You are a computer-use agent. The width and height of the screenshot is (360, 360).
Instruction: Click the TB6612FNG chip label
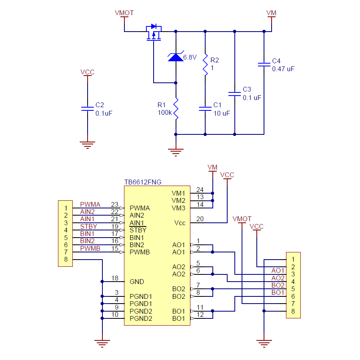[x=143, y=182]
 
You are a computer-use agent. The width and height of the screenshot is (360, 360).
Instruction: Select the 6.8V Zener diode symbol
[x=176, y=57]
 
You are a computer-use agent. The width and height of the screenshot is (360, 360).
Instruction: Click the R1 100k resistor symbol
[x=176, y=109]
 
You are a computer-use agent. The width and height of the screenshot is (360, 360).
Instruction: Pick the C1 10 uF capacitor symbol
[x=205, y=108]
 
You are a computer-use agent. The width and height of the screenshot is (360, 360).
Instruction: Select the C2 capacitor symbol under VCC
[x=87, y=108]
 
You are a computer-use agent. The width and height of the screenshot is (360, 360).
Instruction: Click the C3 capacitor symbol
[x=234, y=94]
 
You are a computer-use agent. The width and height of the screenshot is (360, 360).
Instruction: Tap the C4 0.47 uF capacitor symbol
[x=264, y=64]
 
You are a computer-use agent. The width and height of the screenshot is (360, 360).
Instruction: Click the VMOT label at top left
[x=124, y=13]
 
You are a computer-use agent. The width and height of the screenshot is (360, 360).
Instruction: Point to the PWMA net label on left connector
[x=90, y=205]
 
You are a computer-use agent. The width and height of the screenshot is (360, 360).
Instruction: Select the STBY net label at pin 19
[x=88, y=227]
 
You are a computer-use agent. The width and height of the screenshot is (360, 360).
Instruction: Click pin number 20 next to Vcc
[x=200, y=219]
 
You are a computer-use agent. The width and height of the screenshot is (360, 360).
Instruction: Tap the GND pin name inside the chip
[x=137, y=282]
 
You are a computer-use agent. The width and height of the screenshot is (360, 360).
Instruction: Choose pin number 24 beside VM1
[x=200, y=190]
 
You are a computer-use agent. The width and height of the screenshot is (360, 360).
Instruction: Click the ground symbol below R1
[x=176, y=152]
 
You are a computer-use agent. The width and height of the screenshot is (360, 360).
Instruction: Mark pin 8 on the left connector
[x=66, y=259]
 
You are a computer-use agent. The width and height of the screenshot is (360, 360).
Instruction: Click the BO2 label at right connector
[x=278, y=285]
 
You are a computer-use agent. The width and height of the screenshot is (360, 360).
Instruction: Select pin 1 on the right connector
[x=293, y=259]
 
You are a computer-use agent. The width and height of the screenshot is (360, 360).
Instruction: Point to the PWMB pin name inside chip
[x=140, y=252]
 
